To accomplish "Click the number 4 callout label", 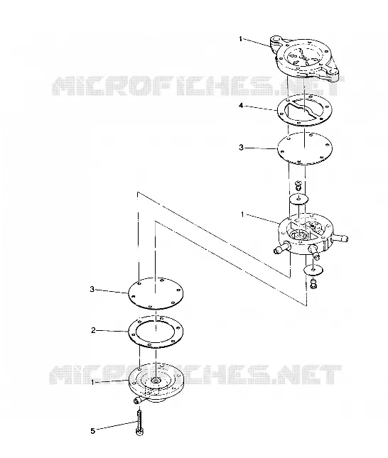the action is point(241,105).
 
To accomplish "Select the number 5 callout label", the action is point(92,431).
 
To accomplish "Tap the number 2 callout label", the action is point(93,330).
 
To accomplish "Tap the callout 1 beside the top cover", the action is point(241,39).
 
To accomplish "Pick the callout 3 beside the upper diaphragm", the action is point(241,148).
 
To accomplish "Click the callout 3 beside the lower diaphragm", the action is point(92,289).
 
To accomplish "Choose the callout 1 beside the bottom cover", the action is point(93,382).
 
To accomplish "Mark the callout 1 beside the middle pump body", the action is point(242,214).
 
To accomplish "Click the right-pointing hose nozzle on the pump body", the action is point(340,239).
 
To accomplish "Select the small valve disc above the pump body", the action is point(298,200).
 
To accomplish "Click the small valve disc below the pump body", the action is point(313,269).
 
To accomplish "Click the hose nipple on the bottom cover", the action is point(137,400).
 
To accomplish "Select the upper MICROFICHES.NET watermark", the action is point(198,86).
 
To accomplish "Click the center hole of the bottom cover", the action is point(155,380).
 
